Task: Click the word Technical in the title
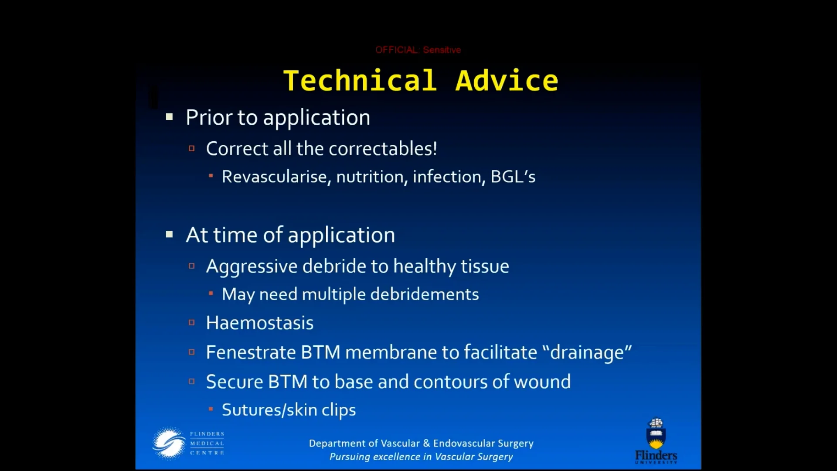point(360,81)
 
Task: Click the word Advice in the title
point(507,81)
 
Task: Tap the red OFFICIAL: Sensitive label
point(418,50)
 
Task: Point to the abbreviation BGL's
point(513,177)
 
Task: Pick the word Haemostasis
point(260,323)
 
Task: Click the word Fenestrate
point(251,352)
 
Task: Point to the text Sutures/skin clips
point(289,410)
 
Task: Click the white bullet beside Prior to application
point(170,117)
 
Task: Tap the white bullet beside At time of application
point(170,235)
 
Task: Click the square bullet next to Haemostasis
point(191,323)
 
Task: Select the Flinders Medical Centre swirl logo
point(169,444)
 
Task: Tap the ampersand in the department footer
point(426,444)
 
